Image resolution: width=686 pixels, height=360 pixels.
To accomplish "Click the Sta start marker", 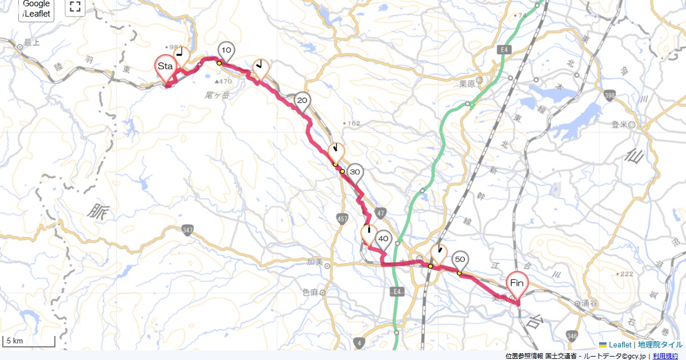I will point(165,67).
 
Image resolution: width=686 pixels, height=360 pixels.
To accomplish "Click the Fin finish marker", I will point(517,283).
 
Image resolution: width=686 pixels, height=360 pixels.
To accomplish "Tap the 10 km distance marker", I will point(226,51).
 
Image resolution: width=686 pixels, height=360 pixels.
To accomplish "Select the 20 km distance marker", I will point(302,102).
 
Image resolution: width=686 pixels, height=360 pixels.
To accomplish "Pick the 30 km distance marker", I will point(354,172).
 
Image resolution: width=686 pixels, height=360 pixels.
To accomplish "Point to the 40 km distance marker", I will point(383,239).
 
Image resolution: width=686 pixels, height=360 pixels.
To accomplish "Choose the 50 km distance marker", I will point(460,260).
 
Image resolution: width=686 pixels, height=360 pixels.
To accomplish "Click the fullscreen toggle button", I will point(75,7).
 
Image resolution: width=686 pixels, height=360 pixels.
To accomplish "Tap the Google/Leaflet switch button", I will point(37,9).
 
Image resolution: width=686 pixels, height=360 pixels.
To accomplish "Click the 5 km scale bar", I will point(29,342).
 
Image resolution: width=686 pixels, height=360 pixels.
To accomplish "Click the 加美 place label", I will point(315,263).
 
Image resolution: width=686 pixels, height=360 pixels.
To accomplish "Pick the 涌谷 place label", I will point(589,303).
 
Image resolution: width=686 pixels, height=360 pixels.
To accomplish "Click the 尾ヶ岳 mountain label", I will point(217,95).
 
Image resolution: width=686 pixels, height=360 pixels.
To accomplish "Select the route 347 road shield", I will point(188,230).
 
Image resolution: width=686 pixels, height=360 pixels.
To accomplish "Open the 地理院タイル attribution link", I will point(660,345).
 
